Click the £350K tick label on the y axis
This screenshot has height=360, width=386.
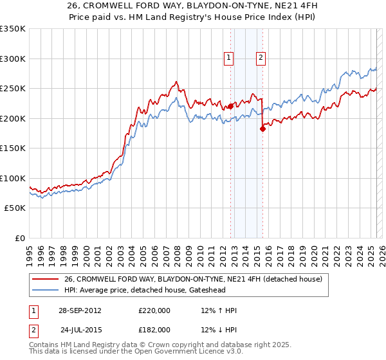pos(13,29)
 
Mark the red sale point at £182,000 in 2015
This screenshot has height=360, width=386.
pos(262,129)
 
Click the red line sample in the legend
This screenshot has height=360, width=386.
pos(45,278)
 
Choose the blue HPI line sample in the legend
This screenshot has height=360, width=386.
pos(45,290)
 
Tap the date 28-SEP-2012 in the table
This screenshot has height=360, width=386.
pos(80,310)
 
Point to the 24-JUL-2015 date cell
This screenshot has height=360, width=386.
pos(80,330)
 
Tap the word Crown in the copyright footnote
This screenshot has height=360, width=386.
pos(169,345)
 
